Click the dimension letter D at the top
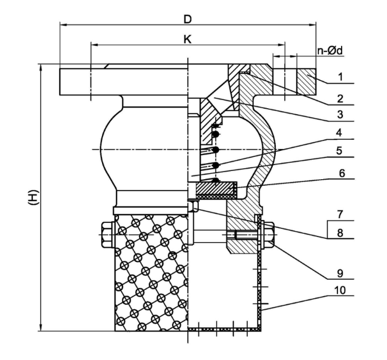[188, 19]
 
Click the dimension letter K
[188, 39]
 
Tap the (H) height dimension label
[33, 197]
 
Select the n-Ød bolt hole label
[330, 51]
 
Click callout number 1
[341, 77]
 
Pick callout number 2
[340, 98]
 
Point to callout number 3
[340, 114]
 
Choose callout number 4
[339, 132]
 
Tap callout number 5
[339, 150]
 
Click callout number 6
[342, 174]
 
